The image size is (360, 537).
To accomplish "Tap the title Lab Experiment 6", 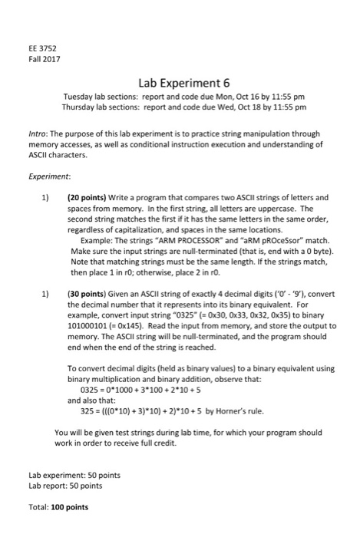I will (x=179, y=84).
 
